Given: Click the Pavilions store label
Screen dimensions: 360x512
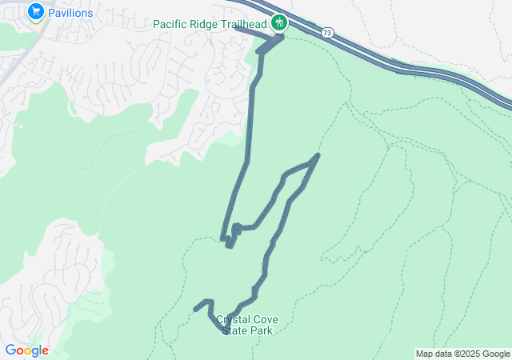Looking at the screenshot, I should click(70, 13).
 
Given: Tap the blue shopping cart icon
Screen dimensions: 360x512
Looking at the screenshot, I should click(35, 12).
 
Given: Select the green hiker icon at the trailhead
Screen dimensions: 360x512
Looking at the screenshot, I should click(279, 22).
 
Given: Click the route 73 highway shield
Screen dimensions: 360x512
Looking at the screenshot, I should click(326, 33).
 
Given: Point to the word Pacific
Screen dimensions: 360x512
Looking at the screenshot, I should click(171, 23).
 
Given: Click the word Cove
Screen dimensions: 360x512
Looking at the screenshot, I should click(266, 319).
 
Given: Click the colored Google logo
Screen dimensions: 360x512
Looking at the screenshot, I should click(26, 350).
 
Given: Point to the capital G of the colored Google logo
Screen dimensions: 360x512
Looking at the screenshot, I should click(10, 350).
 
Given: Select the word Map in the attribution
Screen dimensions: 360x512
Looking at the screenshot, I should click(425, 354).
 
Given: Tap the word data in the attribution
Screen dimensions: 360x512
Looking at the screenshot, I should click(443, 354).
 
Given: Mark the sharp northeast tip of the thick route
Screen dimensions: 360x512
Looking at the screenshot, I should click(319, 154).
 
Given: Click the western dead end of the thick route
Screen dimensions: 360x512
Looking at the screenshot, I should click(195, 310).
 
